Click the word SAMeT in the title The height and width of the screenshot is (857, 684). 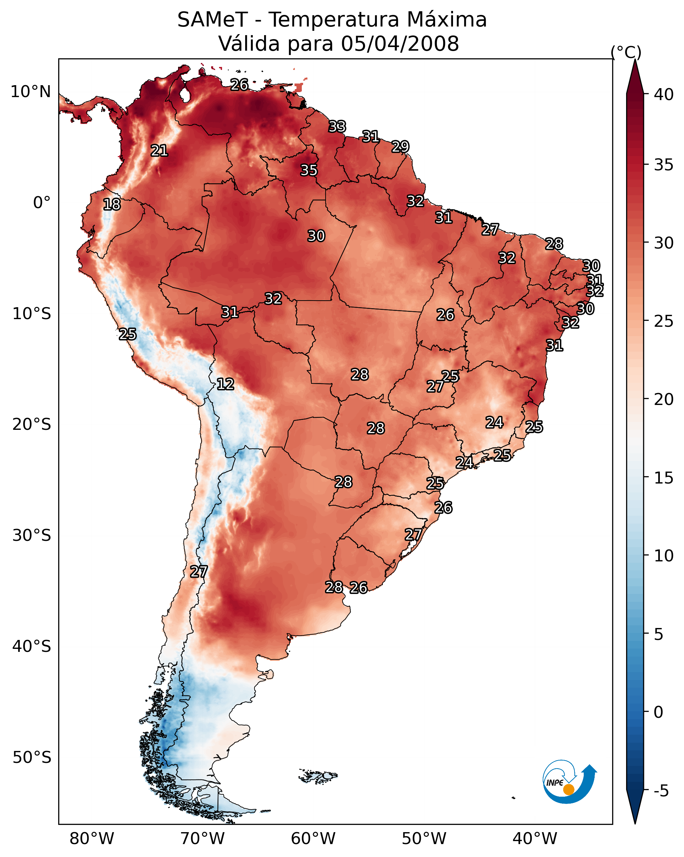pyautogui.click(x=212, y=20)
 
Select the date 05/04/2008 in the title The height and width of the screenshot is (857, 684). pyautogui.click(x=400, y=44)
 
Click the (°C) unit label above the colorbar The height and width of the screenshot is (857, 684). pyautogui.click(x=626, y=52)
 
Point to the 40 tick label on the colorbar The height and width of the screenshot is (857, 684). pyautogui.click(x=664, y=94)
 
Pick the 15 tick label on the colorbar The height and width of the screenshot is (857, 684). pyautogui.click(x=664, y=478)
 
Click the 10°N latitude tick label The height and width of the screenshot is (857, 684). pyautogui.click(x=30, y=92)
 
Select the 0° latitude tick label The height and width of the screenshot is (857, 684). pyautogui.click(x=42, y=203)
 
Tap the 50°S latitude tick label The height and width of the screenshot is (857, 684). pyautogui.click(x=32, y=758)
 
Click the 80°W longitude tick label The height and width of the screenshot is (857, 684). pyautogui.click(x=92, y=838)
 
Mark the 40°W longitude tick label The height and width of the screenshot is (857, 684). pyautogui.click(x=535, y=838)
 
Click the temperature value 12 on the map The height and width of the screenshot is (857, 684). pyautogui.click(x=225, y=384)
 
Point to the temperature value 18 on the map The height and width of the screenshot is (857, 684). pyautogui.click(x=112, y=204)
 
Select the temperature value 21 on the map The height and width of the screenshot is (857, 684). pyautogui.click(x=159, y=151)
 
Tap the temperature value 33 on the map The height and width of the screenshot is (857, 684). pyautogui.click(x=338, y=127)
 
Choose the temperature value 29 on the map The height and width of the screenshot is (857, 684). pyautogui.click(x=400, y=147)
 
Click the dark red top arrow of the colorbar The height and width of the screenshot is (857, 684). pyautogui.click(x=635, y=78)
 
